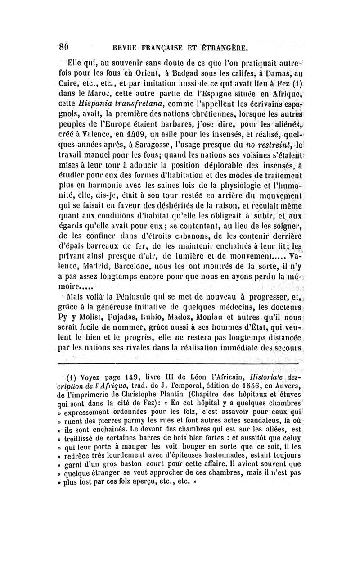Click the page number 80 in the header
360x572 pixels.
[63, 47]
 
